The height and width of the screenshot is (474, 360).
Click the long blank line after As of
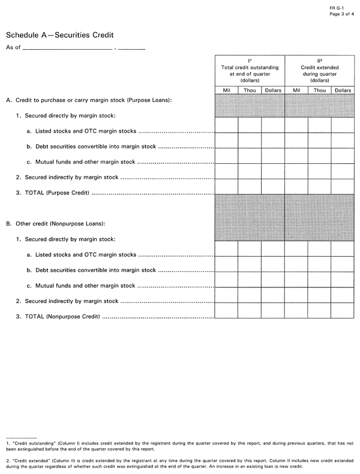pos(67,47)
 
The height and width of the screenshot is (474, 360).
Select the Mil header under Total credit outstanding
pos(226,90)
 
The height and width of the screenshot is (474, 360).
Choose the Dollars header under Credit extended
pos(343,90)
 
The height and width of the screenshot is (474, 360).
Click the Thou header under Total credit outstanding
pos(250,90)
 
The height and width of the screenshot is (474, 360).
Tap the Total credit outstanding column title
pos(250,68)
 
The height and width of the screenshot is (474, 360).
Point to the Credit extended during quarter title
pos(319,68)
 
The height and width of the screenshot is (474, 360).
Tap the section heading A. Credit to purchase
pos(89,100)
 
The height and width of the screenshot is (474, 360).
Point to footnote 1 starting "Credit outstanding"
pos(180,445)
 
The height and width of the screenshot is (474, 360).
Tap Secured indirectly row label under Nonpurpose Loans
pos(67,301)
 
